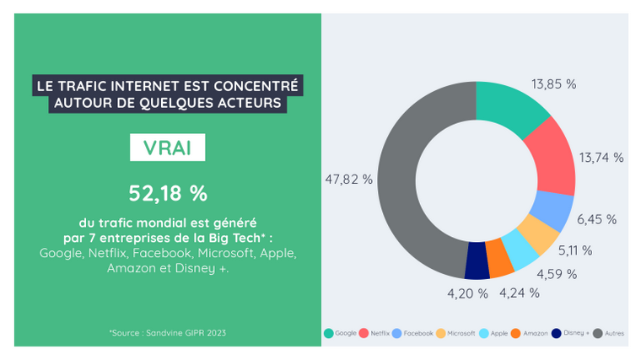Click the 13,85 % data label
554,84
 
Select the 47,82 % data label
348,180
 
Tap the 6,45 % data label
596,219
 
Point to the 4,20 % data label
466,293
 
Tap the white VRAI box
167,147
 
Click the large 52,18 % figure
167,193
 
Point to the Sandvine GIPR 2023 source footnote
167,333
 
